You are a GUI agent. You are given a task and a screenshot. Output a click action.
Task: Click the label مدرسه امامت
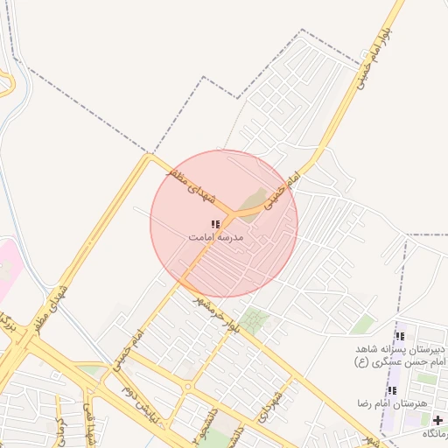[x=216, y=237]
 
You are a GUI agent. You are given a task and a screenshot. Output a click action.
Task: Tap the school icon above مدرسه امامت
[x=215, y=224]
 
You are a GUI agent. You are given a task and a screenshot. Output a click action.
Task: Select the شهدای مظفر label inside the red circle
[x=192, y=185]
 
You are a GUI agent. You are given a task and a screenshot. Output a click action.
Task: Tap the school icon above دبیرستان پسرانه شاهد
[x=400, y=336]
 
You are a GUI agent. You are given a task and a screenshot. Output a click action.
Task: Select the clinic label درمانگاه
[x=433, y=434]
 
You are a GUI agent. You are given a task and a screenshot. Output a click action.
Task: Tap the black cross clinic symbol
[x=437, y=420]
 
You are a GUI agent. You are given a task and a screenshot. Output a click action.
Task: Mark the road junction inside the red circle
[x=230, y=213]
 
